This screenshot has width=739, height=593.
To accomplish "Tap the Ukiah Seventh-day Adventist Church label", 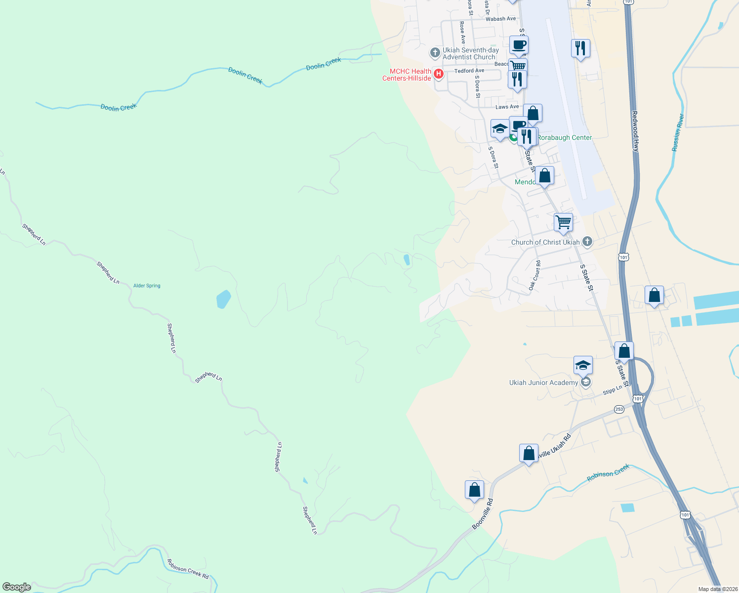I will point(470,53).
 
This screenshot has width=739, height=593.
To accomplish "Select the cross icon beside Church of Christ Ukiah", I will point(587,242).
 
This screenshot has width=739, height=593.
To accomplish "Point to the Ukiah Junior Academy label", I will point(543,382).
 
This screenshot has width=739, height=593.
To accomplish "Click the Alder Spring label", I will point(147,286).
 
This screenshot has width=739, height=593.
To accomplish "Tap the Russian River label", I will point(678,132).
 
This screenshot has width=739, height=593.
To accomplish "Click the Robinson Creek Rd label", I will point(188,569).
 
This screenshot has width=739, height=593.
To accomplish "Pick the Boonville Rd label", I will point(482,514).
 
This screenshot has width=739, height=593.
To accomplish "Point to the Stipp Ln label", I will point(612,391).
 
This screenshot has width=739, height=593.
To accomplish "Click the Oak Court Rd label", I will point(535,275).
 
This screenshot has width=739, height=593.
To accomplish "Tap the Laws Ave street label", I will point(507,107).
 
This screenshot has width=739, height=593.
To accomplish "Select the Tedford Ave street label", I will point(469,71).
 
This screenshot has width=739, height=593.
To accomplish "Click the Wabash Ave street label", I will point(500,19).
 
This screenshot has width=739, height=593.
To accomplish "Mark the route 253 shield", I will point(619,409).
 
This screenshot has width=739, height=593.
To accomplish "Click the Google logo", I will point(17,587).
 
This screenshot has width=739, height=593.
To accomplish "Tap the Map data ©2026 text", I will point(717,589).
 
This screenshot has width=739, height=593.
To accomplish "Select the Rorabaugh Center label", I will point(564,137).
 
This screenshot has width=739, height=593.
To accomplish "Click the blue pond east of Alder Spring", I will point(223,299).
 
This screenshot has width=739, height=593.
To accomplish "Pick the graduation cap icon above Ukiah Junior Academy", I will point(583,366).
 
